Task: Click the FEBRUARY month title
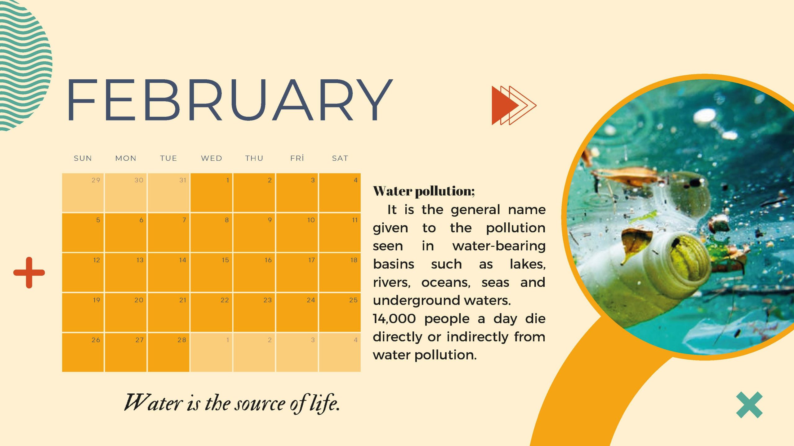230,100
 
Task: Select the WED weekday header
212,158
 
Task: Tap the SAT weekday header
340,158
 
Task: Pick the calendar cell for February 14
168,272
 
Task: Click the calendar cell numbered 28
168,352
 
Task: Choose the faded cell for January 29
83,193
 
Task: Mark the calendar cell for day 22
211,312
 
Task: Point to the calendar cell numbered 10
297,232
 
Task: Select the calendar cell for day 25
340,312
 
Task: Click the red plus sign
29,273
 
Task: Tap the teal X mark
749,405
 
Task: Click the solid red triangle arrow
504,106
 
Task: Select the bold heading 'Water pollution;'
424,191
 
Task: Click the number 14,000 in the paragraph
394,319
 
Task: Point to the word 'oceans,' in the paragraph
446,282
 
